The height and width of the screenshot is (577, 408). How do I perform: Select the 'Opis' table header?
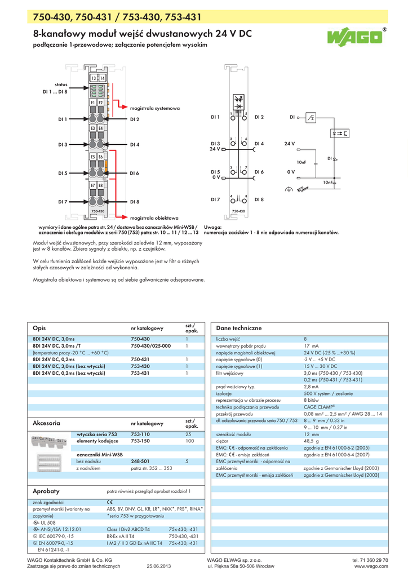(39, 328)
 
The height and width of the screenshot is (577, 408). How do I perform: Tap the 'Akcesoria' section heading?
(47, 422)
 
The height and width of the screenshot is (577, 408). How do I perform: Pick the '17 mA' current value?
(311, 345)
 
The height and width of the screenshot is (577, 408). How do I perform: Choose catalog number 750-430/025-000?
(150, 345)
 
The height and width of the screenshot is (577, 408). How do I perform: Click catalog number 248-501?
(140, 461)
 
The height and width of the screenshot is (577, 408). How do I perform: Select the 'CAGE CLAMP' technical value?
(320, 406)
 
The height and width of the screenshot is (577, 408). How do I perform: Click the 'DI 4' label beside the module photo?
(135, 145)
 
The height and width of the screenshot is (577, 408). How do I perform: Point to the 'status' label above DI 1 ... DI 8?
(61, 84)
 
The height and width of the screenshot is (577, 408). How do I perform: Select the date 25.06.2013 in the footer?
(158, 566)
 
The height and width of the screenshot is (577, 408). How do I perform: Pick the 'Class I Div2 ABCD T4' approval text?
(128, 529)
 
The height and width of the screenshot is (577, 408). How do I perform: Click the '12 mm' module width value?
(312, 434)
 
